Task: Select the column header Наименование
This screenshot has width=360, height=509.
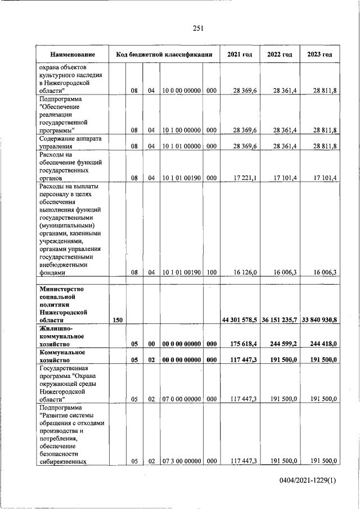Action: coord(71,55)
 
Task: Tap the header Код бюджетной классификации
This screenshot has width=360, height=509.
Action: coord(164,55)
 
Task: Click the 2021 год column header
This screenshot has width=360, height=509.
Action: coord(239,55)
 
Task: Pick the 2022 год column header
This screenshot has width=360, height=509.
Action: coord(279,55)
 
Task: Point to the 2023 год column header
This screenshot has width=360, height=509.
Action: coord(319,55)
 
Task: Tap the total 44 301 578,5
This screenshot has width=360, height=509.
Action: coord(239,319)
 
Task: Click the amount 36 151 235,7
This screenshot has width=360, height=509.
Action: coord(279,319)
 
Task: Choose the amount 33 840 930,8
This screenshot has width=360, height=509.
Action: coord(319,319)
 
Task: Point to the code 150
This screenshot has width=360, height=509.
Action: coord(118,319)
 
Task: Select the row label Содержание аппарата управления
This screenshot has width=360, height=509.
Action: coord(70,142)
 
